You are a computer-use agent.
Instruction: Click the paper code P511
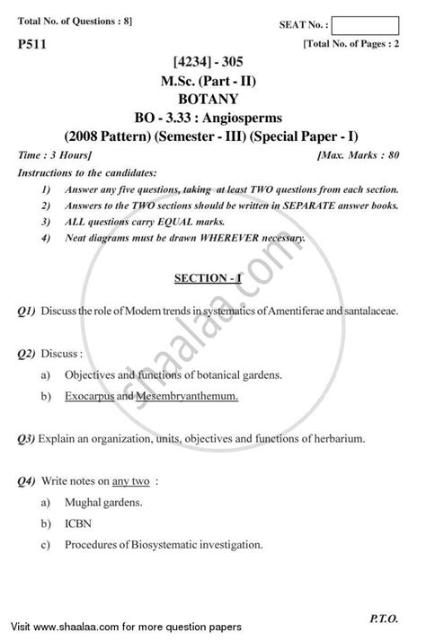30,42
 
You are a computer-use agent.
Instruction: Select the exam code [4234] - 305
211,64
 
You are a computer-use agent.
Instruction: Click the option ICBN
75,522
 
